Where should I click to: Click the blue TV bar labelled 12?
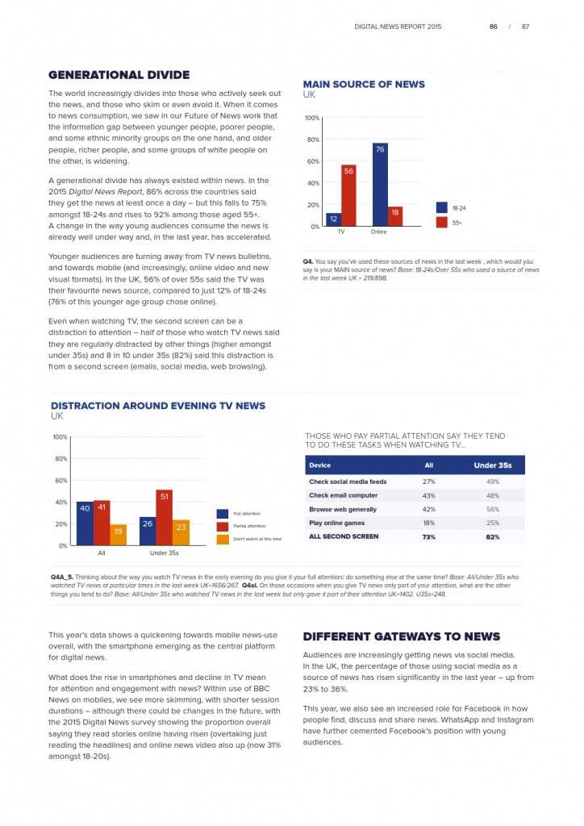[333, 219]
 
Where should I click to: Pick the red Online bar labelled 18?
[394, 216]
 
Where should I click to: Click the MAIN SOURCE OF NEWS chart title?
[363, 84]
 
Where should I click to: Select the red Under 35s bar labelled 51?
[164, 518]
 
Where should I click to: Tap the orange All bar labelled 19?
[118, 535]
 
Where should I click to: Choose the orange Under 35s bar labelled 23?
[181, 532]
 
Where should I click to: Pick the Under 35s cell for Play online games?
[493, 523]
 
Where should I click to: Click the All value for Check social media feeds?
[429, 482]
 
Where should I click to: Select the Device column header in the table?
[319, 465]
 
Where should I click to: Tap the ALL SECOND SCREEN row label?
[344, 536]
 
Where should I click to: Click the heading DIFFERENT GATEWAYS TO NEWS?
[401, 636]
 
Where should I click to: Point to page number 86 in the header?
[493, 27]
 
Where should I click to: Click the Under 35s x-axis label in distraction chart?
[164, 553]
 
